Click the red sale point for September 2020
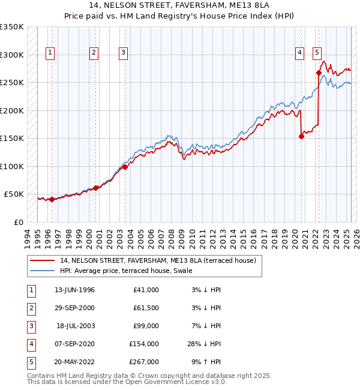[301, 136]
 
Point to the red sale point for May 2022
[319, 73]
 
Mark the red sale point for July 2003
[125, 167]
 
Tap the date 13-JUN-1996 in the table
[74, 290]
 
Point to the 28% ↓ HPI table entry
[205, 344]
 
